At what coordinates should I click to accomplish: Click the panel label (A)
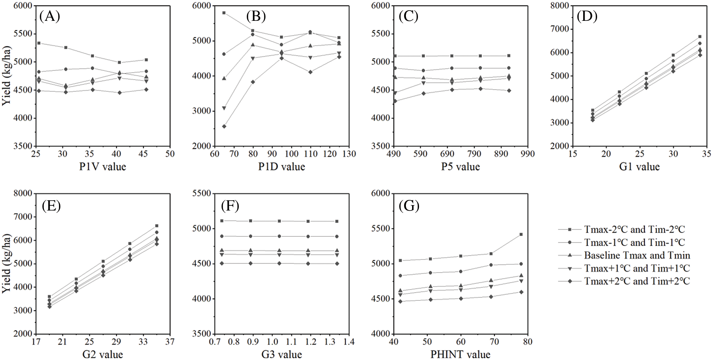click(50, 16)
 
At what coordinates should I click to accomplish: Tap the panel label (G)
click(409, 206)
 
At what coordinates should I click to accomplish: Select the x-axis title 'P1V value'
click(103, 167)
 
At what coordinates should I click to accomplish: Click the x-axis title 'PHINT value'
click(460, 354)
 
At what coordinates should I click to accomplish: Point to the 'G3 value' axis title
click(282, 354)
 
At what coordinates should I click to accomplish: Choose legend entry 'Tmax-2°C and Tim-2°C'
click(634, 230)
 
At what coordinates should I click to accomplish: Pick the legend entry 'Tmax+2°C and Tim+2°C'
click(637, 281)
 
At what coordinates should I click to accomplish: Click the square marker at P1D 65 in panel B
click(224, 13)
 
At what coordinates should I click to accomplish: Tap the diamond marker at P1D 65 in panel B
click(224, 126)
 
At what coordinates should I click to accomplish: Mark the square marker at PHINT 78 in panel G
click(521, 234)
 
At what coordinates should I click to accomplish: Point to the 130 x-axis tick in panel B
click(349, 154)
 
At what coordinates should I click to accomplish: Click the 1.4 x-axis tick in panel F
click(349, 342)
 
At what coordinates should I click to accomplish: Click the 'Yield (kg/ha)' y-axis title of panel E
click(7, 263)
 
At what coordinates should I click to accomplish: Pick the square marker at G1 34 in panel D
click(700, 37)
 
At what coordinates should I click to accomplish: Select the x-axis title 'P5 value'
click(460, 167)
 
